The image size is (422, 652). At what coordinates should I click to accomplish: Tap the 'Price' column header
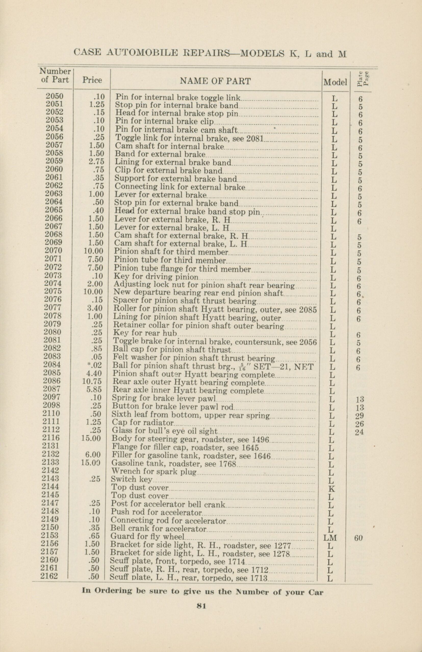coord(92,80)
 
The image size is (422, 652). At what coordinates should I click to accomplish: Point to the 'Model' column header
coord(335,82)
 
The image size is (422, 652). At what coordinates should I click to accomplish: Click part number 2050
coord(55,96)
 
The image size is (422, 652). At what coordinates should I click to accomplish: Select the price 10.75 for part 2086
coord(92,381)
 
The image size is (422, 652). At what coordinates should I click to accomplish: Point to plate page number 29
coord(359,416)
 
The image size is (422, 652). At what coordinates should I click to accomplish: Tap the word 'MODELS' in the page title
coord(262,53)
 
